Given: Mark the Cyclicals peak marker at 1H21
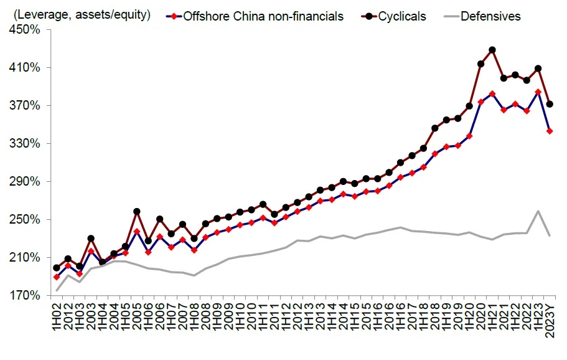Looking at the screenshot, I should point(492,50).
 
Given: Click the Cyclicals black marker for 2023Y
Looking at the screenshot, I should point(550,104).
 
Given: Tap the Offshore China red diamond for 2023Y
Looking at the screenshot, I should point(550,131).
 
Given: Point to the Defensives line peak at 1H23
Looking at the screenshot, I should point(538,211).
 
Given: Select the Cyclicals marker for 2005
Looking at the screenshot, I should point(137,212).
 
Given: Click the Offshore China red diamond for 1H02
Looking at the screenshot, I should point(57,277).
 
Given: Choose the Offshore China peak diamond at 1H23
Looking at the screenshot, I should point(538,92).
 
